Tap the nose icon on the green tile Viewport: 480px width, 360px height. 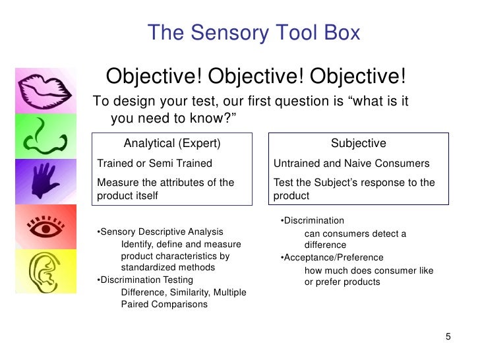pyautogui.click(x=45, y=135)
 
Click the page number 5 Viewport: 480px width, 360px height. pyautogui.click(x=448, y=338)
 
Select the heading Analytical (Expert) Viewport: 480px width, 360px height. pyautogui.click(x=172, y=144)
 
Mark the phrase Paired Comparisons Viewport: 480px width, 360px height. pyautogui.click(x=164, y=305)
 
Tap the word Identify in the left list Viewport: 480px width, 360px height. pyautogui.click(x=139, y=244)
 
